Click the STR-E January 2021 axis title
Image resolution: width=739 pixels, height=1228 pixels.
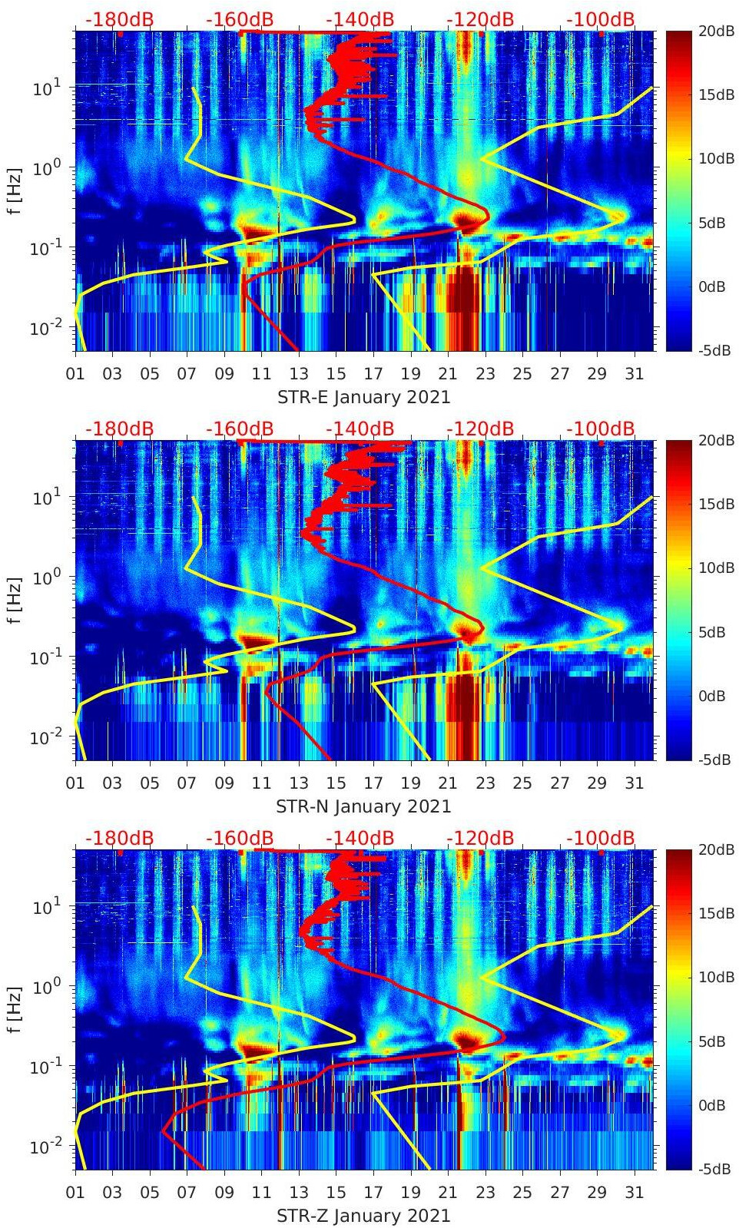(x=363, y=397)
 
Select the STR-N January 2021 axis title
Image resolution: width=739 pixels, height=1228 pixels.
(x=363, y=806)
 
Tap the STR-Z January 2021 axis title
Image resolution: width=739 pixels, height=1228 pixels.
(x=363, y=1216)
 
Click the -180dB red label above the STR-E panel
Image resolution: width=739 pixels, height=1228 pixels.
(x=119, y=19)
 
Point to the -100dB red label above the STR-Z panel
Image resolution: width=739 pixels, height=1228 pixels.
(x=601, y=838)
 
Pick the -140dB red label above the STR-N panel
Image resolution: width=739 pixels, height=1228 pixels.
(x=360, y=429)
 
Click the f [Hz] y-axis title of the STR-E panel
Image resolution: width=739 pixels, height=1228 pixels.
(x=15, y=190)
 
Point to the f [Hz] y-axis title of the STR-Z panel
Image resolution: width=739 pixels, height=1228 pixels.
(x=15, y=1009)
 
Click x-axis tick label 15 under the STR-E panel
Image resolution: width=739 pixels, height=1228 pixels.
(x=336, y=374)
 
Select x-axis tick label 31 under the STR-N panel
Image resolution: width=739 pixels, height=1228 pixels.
(x=634, y=783)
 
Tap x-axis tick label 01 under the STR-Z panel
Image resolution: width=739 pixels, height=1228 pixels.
(x=75, y=1193)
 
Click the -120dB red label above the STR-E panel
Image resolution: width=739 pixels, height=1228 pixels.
(x=480, y=19)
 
